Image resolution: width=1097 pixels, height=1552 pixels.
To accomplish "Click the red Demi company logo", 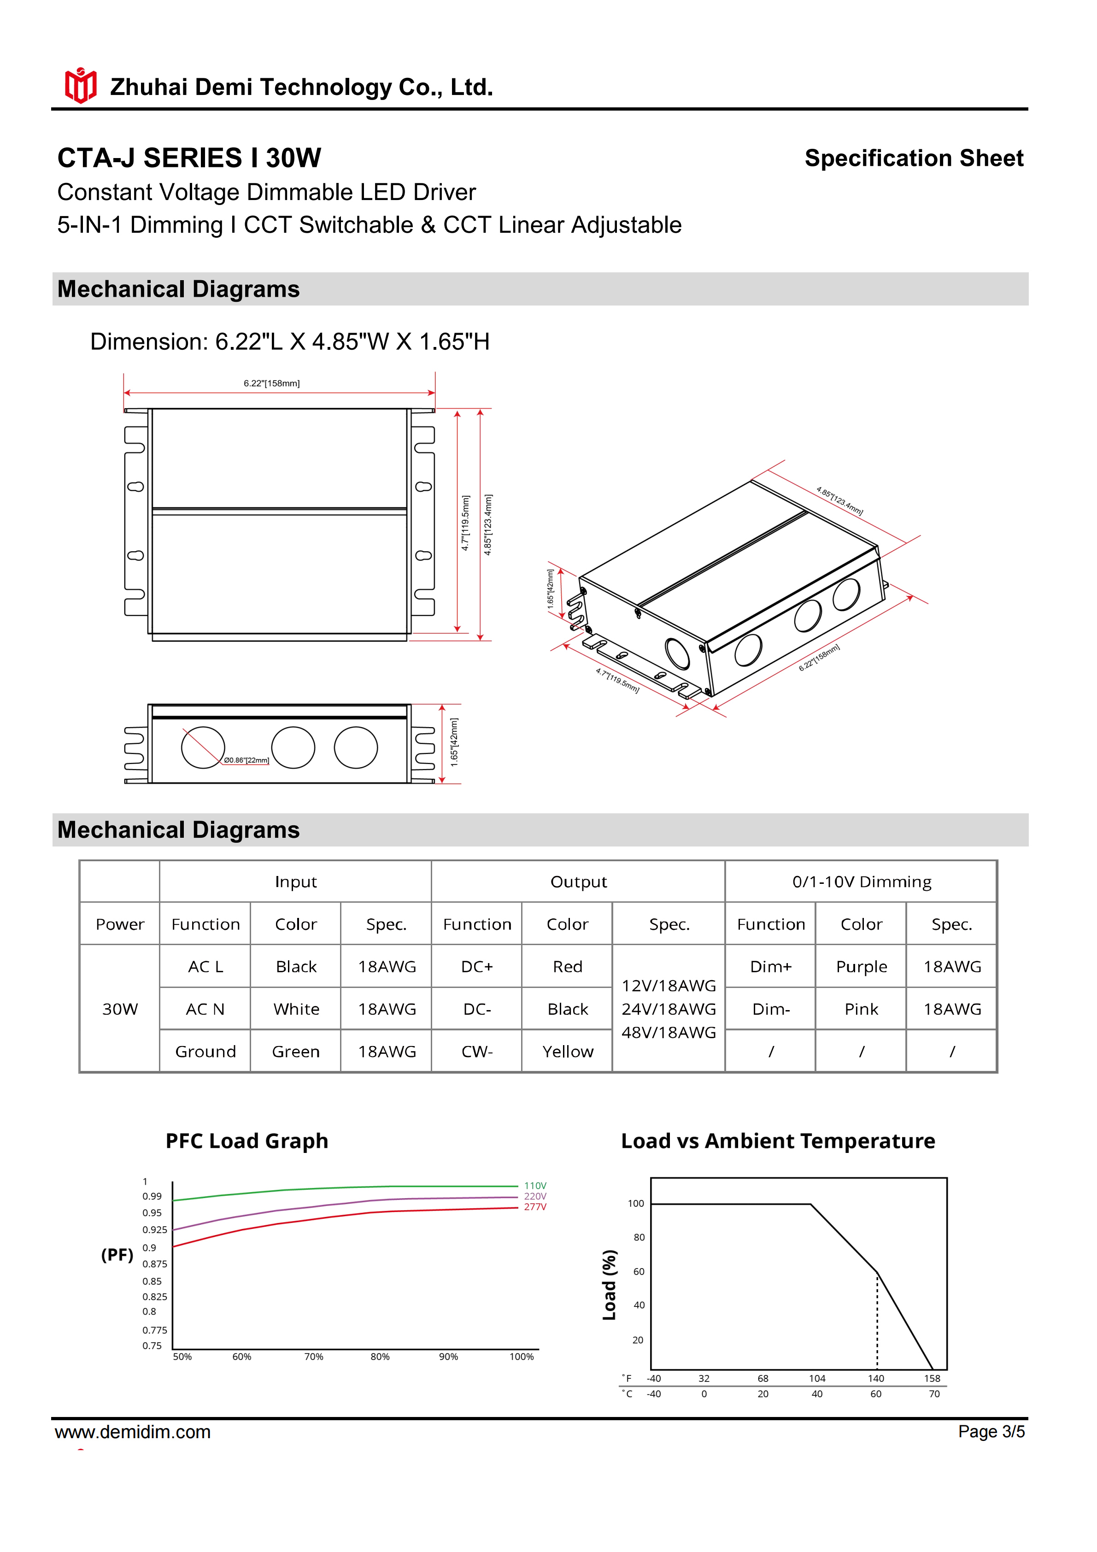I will click(81, 86).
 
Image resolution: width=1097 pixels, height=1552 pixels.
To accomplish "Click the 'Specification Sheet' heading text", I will click(913, 158).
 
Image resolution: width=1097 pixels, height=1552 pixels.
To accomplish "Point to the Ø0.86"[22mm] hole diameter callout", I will click(246, 760).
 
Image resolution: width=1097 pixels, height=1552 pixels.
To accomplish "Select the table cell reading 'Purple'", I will click(861, 967).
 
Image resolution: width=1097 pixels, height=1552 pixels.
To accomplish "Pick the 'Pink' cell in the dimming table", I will click(861, 1009).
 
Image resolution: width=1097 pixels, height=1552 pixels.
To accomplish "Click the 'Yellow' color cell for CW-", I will click(567, 1052).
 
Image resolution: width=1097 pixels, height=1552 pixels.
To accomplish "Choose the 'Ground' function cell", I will click(205, 1052).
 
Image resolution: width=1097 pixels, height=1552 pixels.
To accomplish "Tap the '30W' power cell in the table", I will click(120, 1009).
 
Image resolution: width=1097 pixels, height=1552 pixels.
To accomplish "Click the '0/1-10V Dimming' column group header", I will click(861, 882).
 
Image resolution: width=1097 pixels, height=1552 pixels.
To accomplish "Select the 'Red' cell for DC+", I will click(567, 967).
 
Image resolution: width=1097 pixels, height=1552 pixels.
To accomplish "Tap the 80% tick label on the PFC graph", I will click(380, 1357).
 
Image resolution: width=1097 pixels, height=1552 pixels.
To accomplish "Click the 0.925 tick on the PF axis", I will click(155, 1229).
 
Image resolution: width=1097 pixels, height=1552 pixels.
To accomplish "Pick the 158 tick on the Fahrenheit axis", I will click(932, 1378).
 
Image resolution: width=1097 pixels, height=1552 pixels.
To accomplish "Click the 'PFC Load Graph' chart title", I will click(246, 1141).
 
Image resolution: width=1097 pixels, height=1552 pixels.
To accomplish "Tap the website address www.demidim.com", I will click(133, 1432).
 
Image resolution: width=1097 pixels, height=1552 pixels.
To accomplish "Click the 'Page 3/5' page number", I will click(991, 1432).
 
